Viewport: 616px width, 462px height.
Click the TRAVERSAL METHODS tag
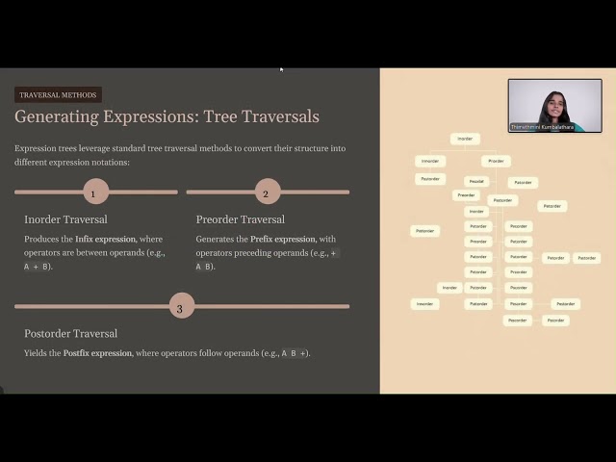58,95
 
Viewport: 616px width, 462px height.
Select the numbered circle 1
93,192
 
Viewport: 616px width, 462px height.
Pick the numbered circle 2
266,192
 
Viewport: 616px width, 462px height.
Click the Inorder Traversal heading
65,219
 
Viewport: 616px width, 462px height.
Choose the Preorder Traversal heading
240,219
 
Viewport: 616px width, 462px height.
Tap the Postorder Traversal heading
70,333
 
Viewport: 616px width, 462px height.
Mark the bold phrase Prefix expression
282,239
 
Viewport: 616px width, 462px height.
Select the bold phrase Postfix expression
98,353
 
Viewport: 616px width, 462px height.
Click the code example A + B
38,267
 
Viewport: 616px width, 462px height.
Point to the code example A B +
295,353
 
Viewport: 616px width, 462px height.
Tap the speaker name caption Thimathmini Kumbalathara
542,127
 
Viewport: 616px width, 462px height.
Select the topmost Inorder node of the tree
465,139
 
